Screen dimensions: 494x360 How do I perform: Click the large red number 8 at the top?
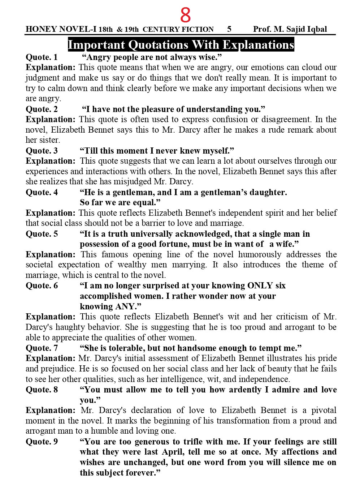click(x=185, y=15)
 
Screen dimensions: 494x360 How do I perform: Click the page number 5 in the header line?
click(x=230, y=29)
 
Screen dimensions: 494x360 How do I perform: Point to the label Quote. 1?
click(x=42, y=57)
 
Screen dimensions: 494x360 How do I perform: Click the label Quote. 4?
click(x=42, y=192)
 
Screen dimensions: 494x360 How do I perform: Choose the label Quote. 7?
click(x=42, y=348)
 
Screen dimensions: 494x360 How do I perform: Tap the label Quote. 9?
click(x=42, y=442)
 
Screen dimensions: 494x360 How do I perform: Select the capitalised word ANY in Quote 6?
click(x=124, y=306)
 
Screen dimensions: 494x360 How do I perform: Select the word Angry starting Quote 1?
click(x=99, y=57)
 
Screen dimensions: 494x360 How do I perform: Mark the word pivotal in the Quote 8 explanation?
click(x=324, y=411)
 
